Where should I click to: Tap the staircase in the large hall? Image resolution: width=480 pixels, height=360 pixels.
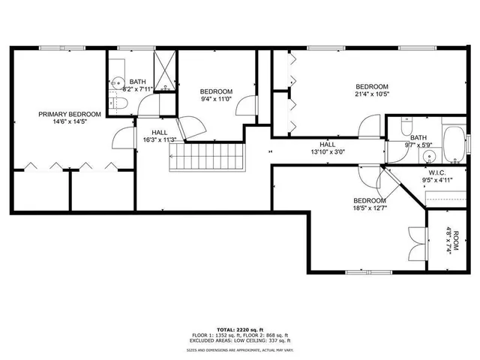208,157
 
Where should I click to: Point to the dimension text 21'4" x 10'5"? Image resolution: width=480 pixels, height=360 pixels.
372,94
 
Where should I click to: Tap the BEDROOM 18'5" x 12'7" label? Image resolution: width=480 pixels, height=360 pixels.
370,205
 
